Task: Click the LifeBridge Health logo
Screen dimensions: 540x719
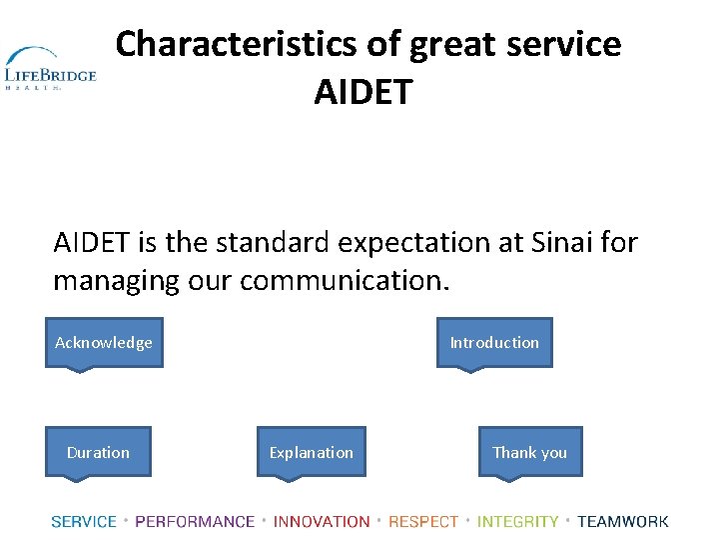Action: [x=50, y=69]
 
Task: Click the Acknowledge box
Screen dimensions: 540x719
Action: [x=104, y=343]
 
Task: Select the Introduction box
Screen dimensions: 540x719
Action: [x=494, y=343]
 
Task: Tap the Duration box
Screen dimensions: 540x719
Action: [x=98, y=453]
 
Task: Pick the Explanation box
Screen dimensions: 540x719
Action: [x=312, y=453]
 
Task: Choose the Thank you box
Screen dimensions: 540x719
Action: [x=529, y=453]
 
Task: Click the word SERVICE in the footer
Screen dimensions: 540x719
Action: [x=84, y=521]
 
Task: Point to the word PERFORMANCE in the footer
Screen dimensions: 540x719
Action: [x=195, y=521]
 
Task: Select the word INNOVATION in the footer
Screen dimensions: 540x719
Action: [x=322, y=521]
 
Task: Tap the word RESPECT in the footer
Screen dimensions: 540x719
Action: [x=423, y=521]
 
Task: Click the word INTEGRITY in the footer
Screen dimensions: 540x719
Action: [x=518, y=521]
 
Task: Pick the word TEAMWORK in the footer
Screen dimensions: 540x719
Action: [x=623, y=521]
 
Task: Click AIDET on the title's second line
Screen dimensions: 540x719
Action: [x=362, y=92]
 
